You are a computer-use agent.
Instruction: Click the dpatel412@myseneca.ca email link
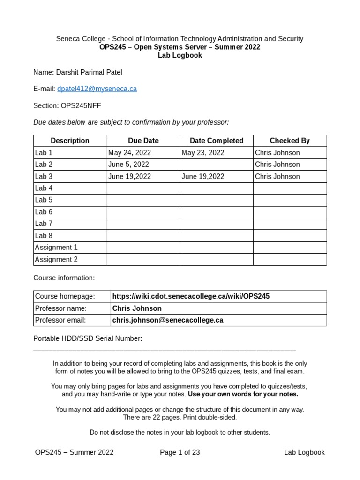[97, 89]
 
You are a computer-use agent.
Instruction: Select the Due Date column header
[143, 141]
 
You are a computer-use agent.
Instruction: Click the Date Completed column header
[216, 141]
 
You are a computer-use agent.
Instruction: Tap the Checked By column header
[289, 141]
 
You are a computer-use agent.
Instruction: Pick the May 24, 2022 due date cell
[129, 153]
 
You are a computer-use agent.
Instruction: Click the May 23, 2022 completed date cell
[202, 153]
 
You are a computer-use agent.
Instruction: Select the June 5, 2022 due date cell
[128, 165]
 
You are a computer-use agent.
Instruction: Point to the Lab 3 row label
[44, 177]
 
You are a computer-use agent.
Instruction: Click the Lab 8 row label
[44, 236]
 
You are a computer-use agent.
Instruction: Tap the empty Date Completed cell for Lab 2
[216, 165]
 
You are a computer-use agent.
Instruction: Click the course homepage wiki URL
[191, 296]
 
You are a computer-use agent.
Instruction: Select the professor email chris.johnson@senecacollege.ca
[168, 320]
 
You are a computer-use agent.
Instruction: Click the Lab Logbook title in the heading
[180, 55]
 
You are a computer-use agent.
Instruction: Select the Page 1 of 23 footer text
[180, 452]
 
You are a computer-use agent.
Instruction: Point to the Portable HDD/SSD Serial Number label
[88, 338]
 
